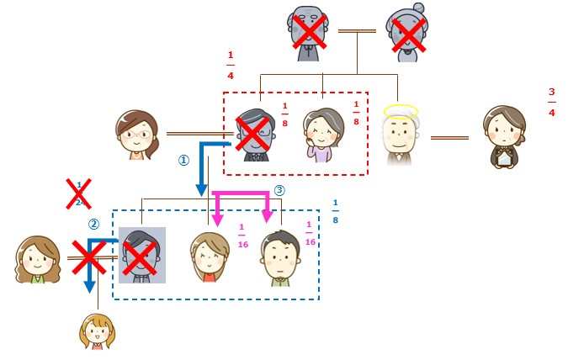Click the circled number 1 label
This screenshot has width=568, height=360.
(x=183, y=160)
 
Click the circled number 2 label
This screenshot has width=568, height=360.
(x=94, y=224)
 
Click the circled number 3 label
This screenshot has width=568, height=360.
(x=280, y=190)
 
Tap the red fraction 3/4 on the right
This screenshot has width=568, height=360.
(x=552, y=101)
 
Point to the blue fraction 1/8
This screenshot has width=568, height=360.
(x=335, y=212)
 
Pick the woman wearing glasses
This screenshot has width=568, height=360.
(x=136, y=135)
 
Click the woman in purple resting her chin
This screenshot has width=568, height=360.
(x=323, y=135)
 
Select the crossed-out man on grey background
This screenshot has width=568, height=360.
(x=141, y=254)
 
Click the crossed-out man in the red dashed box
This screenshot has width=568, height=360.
(x=254, y=135)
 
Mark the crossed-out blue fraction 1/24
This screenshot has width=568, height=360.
(x=79, y=193)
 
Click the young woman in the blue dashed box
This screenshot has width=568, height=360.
(x=209, y=258)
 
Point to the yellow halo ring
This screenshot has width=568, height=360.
(x=401, y=109)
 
